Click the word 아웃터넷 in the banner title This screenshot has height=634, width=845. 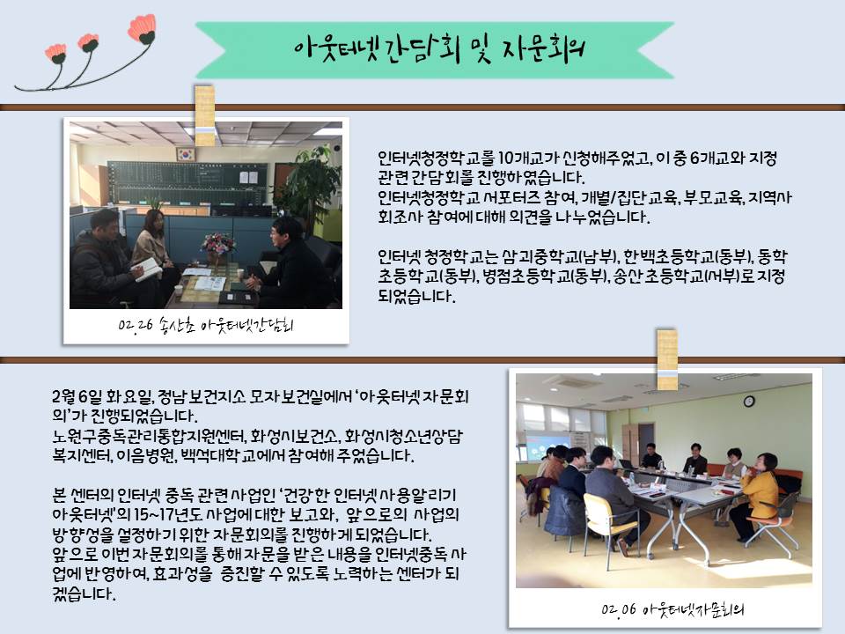(x=337, y=49)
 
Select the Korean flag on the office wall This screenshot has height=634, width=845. (x=186, y=154)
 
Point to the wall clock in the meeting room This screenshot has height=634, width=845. (x=748, y=402)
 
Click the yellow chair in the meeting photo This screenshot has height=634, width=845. (x=608, y=526)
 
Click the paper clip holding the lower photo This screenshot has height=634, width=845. (x=667, y=359)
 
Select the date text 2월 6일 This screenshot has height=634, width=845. (x=77, y=397)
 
